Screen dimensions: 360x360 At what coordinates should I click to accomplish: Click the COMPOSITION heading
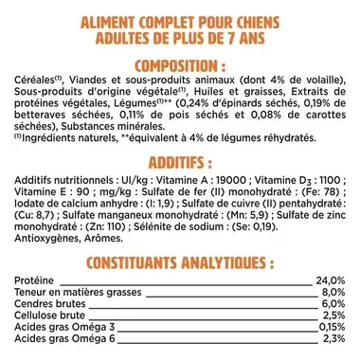[180, 64]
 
